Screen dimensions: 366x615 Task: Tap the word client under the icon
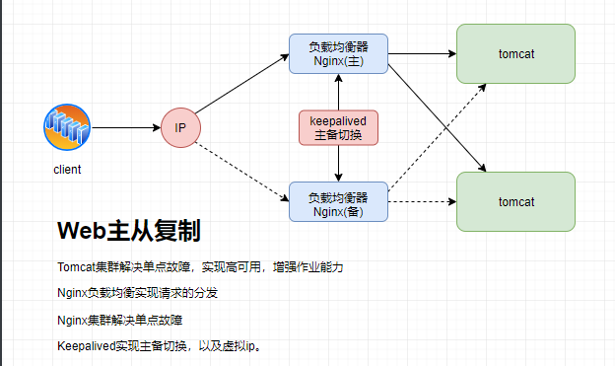click(x=67, y=170)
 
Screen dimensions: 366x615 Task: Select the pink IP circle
click(x=180, y=128)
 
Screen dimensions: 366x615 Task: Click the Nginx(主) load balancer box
click(x=338, y=53)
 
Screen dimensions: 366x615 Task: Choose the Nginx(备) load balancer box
click(x=338, y=202)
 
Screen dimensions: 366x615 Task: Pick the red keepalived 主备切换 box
click(x=338, y=128)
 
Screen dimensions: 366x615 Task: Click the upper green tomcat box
click(x=515, y=52)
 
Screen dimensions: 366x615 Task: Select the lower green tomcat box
click(x=515, y=201)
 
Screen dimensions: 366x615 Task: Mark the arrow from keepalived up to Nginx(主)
click(x=338, y=93)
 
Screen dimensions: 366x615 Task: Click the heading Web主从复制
click(x=129, y=232)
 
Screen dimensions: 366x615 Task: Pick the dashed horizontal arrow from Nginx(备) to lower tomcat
click(x=422, y=201)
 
